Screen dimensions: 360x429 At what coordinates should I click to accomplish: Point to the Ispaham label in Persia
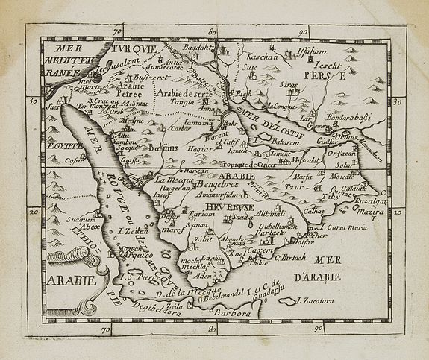tap(328, 55)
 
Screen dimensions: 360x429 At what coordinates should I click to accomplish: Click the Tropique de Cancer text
tap(257, 164)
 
